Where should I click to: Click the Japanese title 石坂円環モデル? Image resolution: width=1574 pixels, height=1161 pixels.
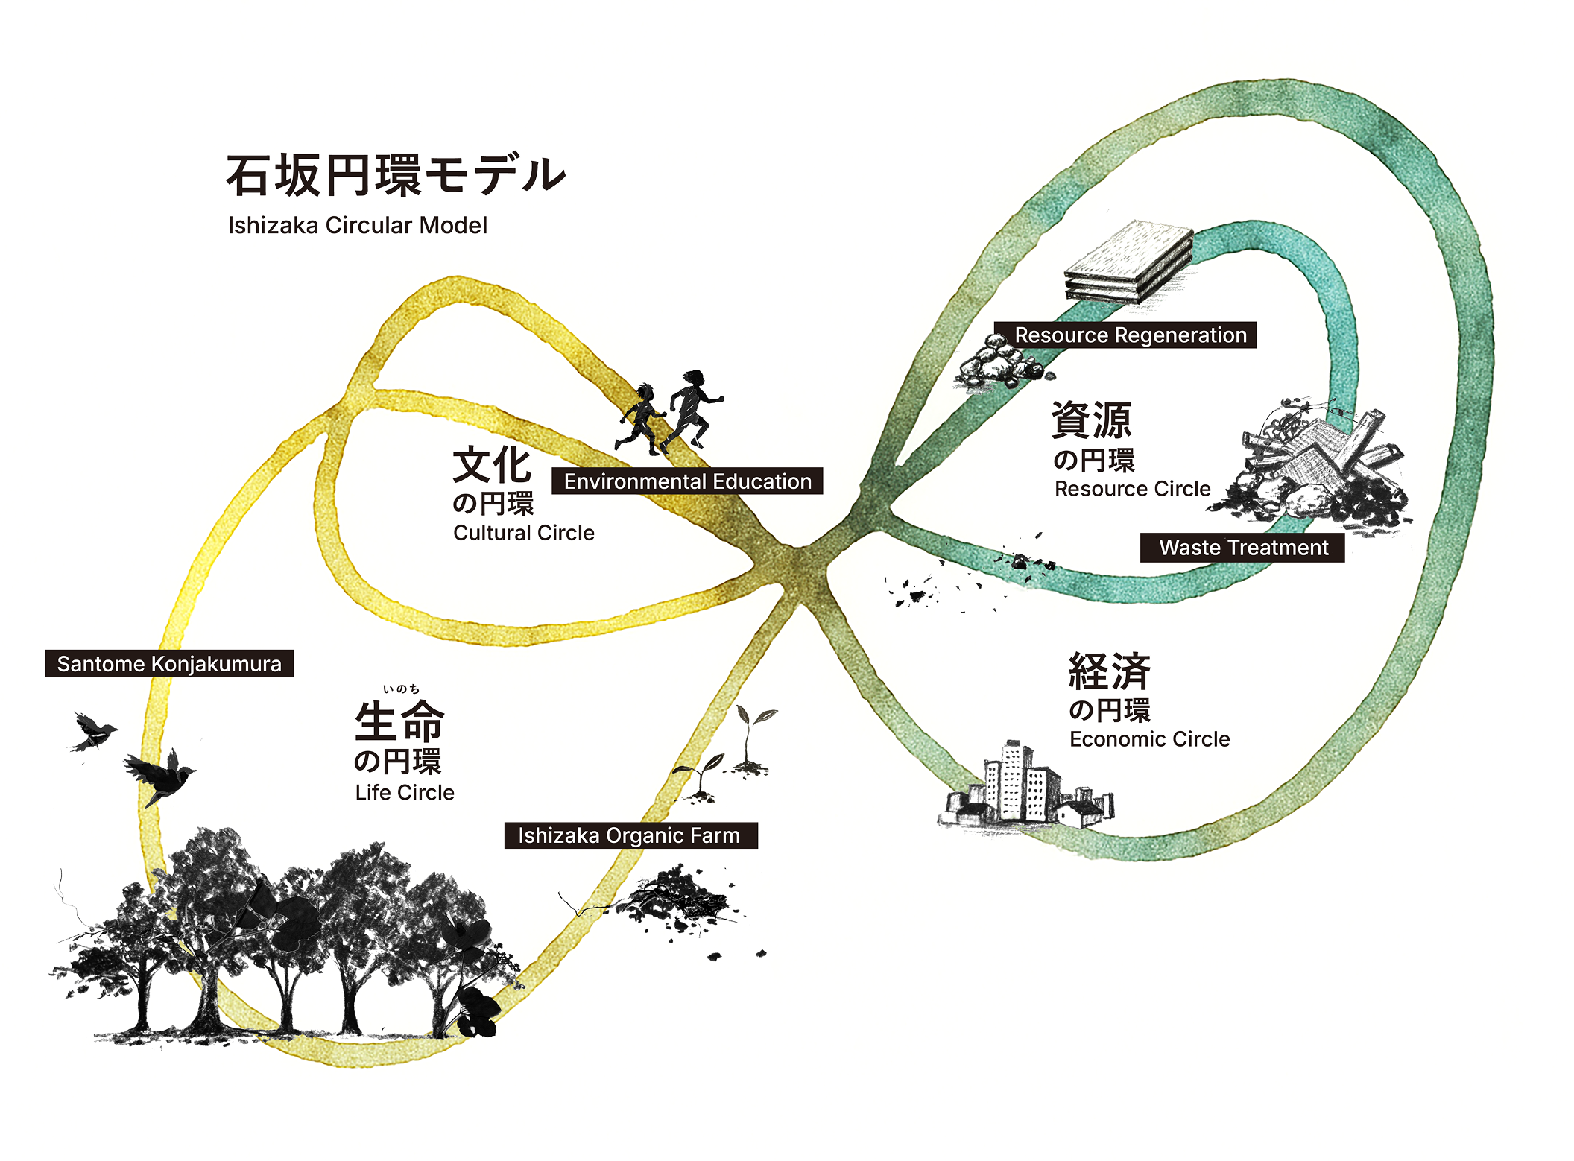click(x=395, y=176)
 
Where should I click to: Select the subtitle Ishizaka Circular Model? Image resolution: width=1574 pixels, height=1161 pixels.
click(x=358, y=225)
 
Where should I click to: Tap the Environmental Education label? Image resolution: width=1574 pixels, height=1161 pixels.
click(x=687, y=481)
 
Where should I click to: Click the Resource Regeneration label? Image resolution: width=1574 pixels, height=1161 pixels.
click(x=1130, y=335)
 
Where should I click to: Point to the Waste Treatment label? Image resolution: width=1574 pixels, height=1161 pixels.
click(x=1243, y=548)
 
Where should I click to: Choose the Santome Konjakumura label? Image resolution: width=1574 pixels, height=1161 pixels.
click(x=169, y=664)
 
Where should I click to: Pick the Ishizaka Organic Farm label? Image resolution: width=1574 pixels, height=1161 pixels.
click(x=630, y=835)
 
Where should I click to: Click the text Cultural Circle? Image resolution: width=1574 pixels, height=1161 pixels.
click(x=523, y=533)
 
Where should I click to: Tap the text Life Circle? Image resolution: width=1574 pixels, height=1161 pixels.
click(x=405, y=792)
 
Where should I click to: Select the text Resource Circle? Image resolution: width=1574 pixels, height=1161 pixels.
click(x=1132, y=489)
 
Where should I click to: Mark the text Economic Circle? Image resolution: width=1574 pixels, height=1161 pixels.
click(x=1149, y=739)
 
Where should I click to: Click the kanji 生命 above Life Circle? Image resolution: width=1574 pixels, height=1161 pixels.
click(x=399, y=721)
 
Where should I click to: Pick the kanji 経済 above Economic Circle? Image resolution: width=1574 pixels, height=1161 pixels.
click(x=1109, y=671)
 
